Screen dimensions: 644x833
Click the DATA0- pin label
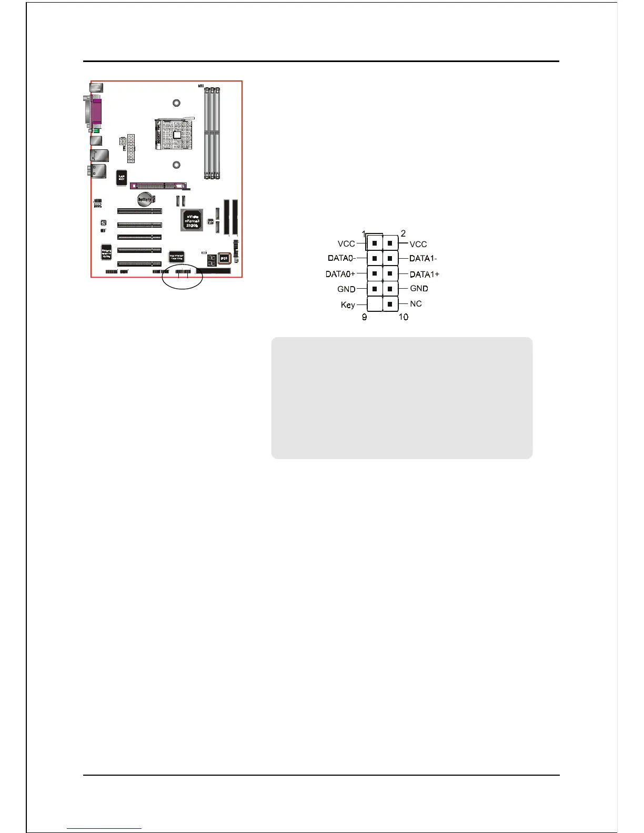[341, 258]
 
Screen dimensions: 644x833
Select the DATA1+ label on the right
[424, 274]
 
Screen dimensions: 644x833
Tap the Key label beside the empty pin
[348, 305]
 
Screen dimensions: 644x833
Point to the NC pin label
[416, 303]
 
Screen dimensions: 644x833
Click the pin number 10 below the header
[403, 317]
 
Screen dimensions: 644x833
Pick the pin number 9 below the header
[364, 317]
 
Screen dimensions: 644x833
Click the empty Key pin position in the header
[374, 304]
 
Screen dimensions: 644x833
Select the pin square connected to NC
[390, 304]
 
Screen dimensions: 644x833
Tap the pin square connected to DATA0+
[374, 273]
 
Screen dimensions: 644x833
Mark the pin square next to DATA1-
[390, 258]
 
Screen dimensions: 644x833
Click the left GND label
[346, 289]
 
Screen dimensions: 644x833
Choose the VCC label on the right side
[418, 244]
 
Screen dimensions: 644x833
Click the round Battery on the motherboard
[145, 199]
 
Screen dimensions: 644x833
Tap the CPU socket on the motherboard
[174, 134]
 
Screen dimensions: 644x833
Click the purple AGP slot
[158, 186]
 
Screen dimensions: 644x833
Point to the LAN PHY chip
[122, 177]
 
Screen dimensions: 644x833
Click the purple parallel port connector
[97, 111]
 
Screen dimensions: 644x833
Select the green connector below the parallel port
[97, 130]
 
